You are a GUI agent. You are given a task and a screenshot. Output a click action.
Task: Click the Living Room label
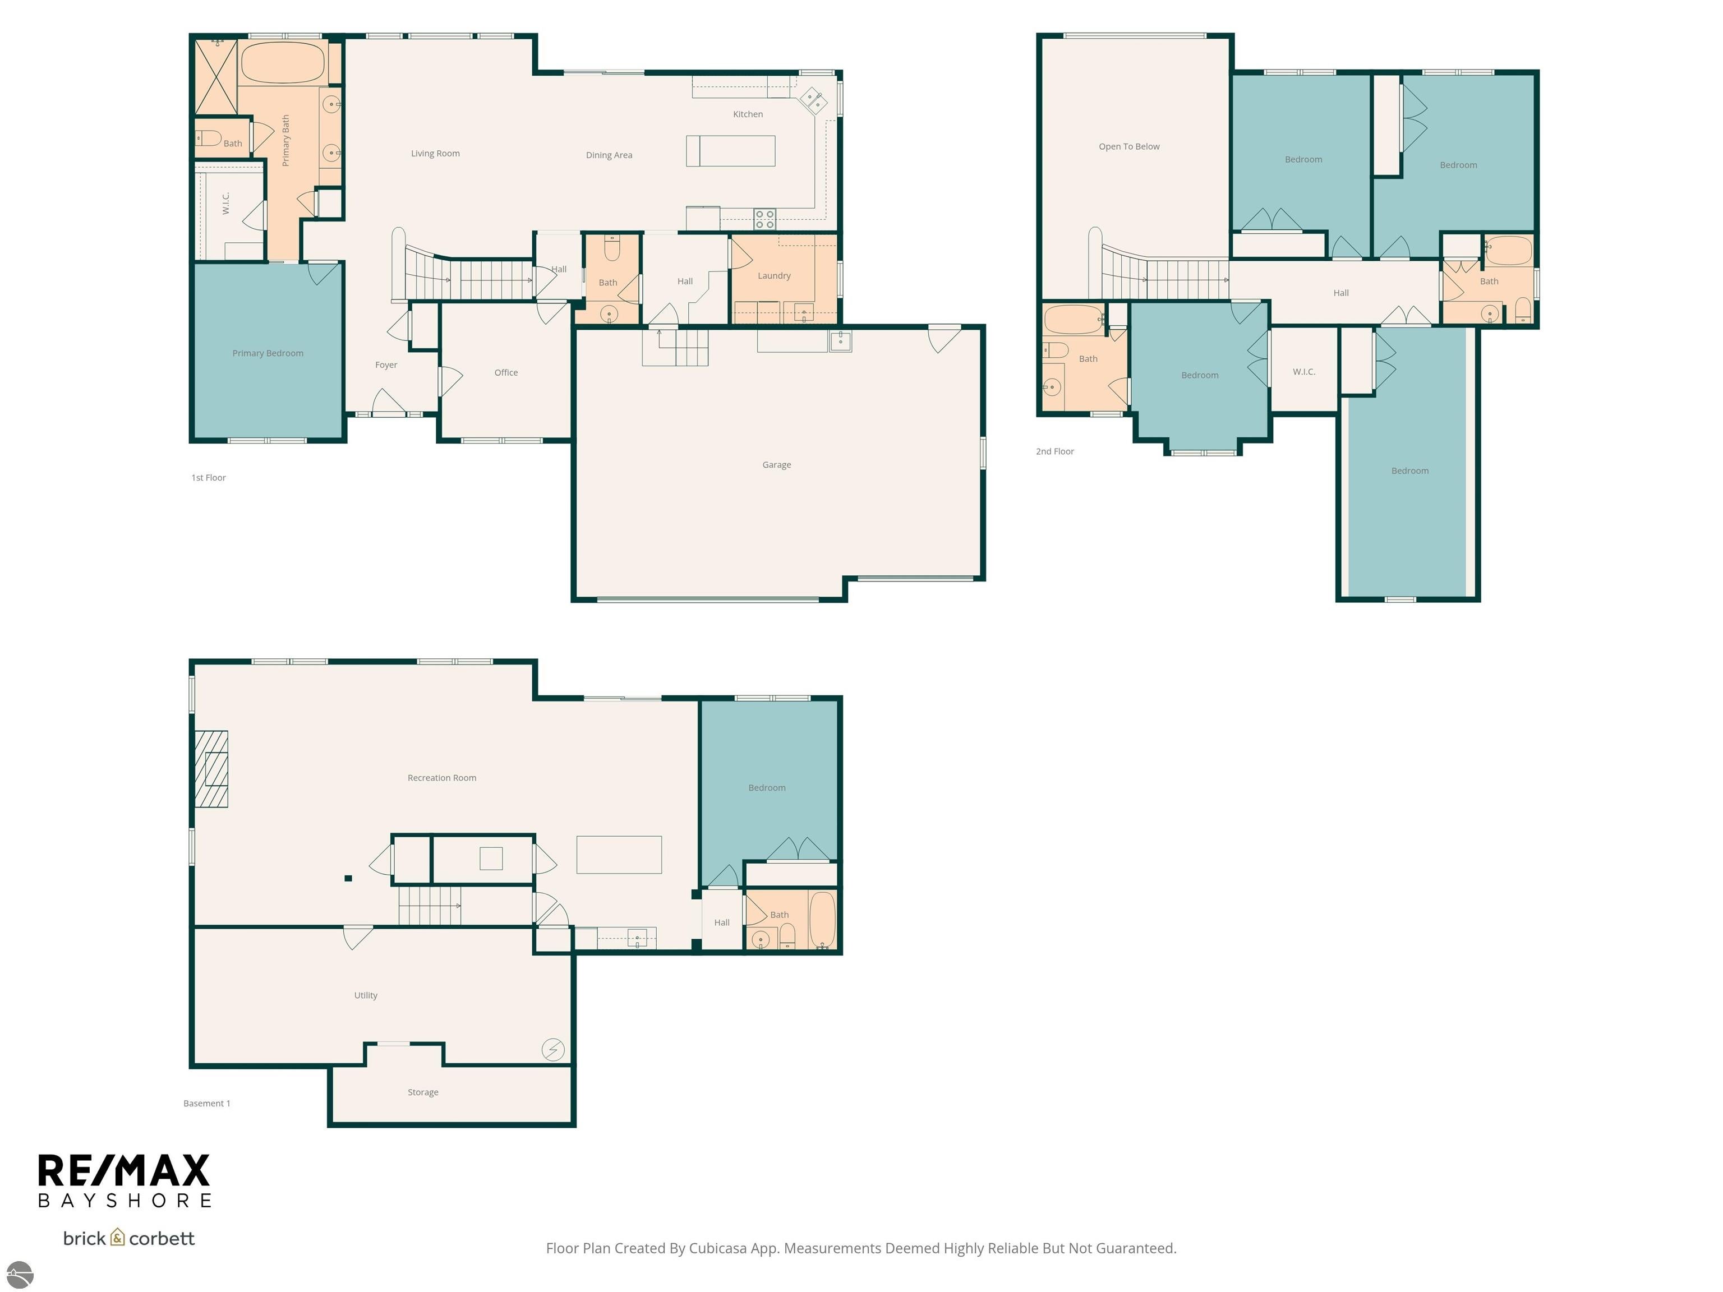click(x=435, y=154)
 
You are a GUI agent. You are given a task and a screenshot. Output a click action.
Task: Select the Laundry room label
click(x=773, y=276)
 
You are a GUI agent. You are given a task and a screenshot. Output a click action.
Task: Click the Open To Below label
click(x=1128, y=146)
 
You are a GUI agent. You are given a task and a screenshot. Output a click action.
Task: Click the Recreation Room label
click(x=441, y=778)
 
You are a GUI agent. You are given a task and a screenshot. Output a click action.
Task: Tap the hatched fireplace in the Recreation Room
click(x=211, y=769)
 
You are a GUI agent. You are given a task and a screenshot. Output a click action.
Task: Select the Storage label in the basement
click(x=422, y=1092)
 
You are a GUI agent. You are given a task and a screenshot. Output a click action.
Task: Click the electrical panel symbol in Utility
click(x=552, y=1049)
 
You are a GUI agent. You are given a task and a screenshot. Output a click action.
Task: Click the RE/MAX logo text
click(x=124, y=1170)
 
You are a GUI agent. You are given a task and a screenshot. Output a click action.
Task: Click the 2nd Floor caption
click(x=1054, y=451)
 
